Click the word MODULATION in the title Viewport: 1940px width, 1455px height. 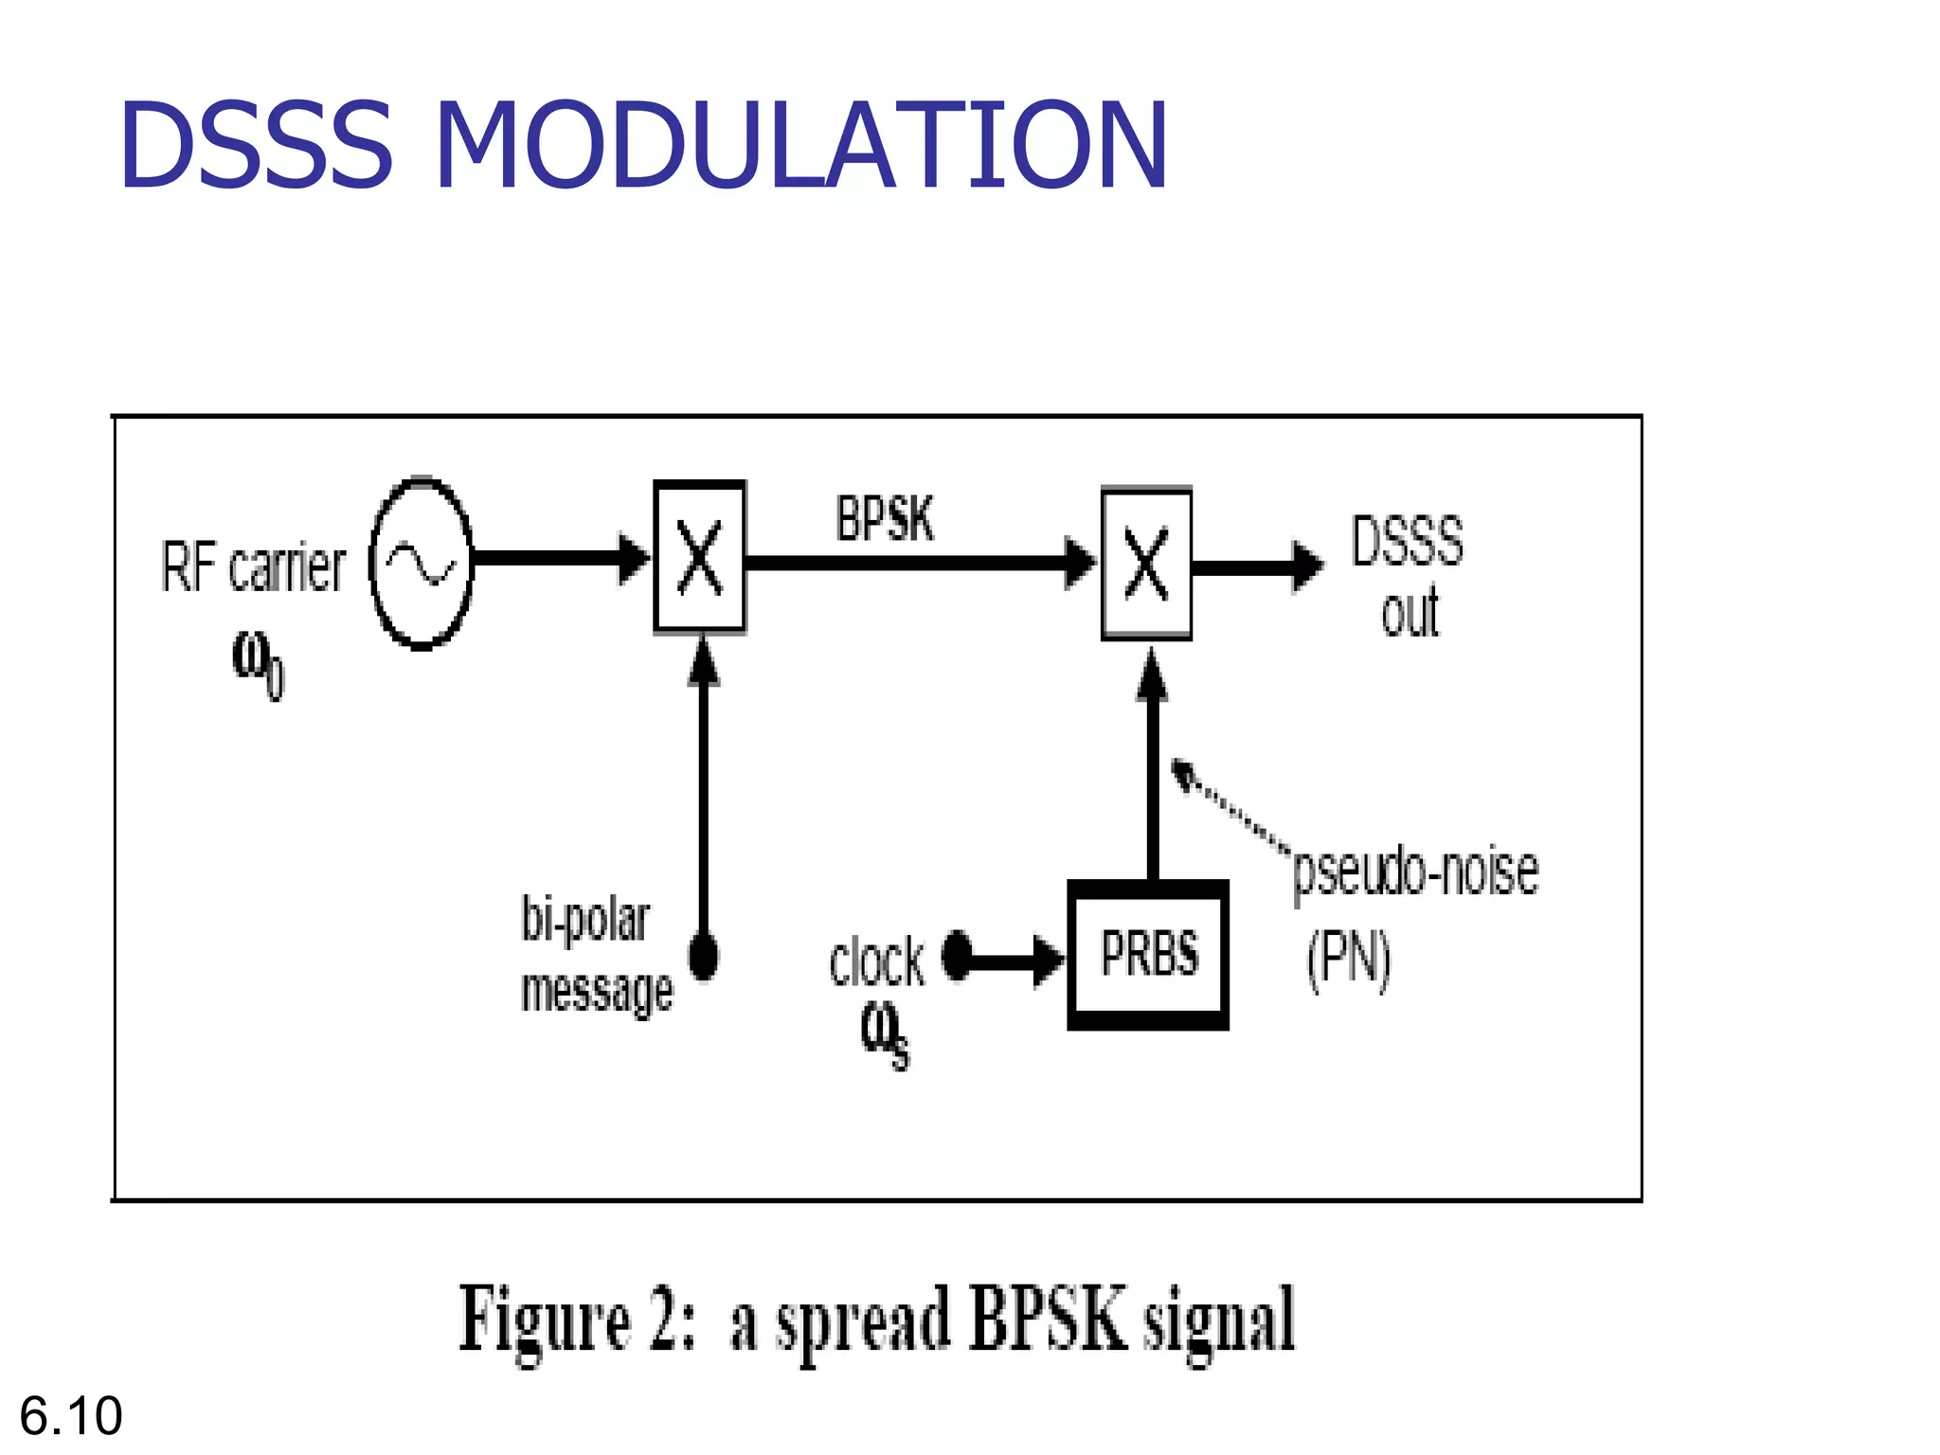pos(800,144)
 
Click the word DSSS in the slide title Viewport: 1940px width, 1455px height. pos(256,144)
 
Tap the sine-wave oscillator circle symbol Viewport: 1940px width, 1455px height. pos(421,564)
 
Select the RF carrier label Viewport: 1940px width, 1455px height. pos(253,567)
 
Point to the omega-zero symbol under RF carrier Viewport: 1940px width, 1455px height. pos(257,663)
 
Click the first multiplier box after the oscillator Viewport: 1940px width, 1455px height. pos(699,557)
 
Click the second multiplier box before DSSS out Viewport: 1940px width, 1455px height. pos(1146,564)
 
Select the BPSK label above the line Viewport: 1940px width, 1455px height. pos(885,519)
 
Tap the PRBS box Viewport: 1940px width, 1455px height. pos(1148,954)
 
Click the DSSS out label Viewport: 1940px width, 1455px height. pos(1408,576)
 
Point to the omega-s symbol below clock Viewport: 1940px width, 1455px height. pos(885,1034)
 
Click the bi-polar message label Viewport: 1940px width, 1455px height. pos(596,955)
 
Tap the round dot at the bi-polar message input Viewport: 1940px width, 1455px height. pos(703,955)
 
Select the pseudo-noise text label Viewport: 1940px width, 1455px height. pos(1415,871)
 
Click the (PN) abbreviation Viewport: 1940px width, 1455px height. pos(1349,959)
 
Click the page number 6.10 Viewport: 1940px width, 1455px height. pos(71,1415)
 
